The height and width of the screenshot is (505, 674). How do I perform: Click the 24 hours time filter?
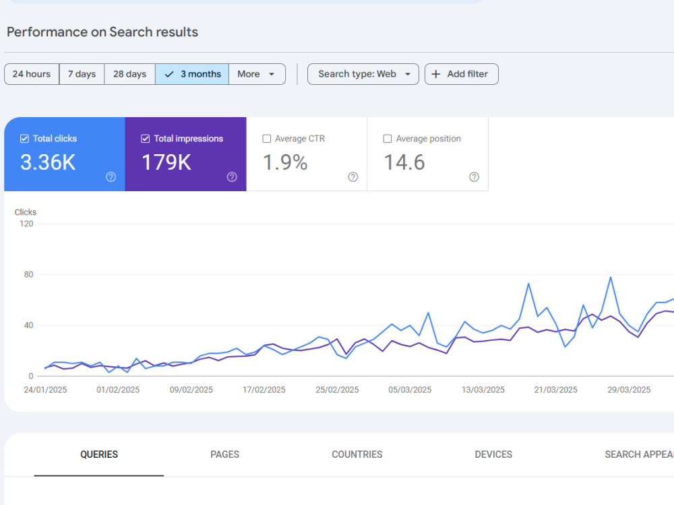coord(32,74)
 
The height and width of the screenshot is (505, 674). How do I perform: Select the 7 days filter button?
coord(82,74)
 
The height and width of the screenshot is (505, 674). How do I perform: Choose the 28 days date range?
coord(130,74)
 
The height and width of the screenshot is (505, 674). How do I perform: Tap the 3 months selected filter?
coord(192,74)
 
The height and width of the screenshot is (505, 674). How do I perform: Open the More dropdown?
coord(257,74)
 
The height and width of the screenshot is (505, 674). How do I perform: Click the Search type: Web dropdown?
coord(363,74)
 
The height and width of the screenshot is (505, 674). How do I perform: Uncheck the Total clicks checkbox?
coord(24,139)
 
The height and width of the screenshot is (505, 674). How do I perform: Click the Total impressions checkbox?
coord(146,139)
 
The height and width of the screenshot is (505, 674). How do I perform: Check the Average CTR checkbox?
coord(266,139)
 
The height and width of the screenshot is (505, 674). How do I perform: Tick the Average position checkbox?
coord(388,139)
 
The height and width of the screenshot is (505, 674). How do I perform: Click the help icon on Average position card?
coord(474,177)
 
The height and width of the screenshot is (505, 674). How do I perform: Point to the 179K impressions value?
coord(166,163)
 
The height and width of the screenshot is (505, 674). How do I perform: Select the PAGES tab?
coord(225,454)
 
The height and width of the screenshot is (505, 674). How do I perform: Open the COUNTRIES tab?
coord(357,454)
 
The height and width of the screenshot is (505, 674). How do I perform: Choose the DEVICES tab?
coord(493,454)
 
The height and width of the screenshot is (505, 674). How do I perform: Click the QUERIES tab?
coord(99,454)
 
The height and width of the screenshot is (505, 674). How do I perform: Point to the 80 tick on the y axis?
coord(28,275)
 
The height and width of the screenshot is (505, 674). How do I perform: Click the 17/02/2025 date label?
coord(264,389)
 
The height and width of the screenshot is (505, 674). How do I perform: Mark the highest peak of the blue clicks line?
coord(611,277)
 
